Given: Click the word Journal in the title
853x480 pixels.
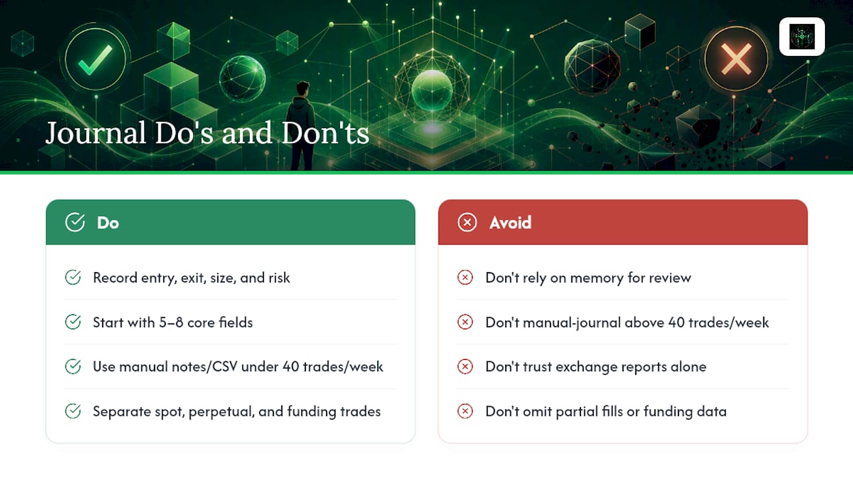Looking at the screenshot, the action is [x=95, y=133].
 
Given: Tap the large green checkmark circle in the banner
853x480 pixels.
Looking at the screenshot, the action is [x=95, y=59].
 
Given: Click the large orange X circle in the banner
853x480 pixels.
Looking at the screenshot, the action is [x=736, y=59].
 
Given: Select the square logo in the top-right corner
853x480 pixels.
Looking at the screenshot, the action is [x=802, y=37].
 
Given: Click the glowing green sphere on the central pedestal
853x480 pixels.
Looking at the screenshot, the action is [x=432, y=90].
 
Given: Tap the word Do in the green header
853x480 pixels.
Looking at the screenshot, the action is [x=108, y=223].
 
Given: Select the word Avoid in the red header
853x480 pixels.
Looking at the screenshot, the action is [x=510, y=223].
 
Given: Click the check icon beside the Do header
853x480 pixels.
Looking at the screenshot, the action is [x=75, y=222].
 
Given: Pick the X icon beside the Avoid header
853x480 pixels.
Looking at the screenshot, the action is [x=467, y=222].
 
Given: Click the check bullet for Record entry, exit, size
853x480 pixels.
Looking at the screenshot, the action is [x=73, y=277].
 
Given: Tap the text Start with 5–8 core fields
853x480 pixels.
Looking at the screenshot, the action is [x=173, y=323].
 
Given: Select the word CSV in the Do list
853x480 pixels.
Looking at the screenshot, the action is [x=225, y=367].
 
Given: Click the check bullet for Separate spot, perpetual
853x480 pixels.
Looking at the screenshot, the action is [x=73, y=411].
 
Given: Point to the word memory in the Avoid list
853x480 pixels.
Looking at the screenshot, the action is [x=596, y=279].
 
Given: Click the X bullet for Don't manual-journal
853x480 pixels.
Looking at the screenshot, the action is [x=465, y=322].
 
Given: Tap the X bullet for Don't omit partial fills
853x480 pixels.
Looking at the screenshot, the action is [x=465, y=411].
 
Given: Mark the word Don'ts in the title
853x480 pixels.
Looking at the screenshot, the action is [x=326, y=133].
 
